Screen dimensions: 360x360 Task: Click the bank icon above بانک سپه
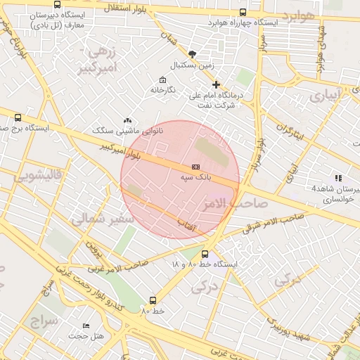[195, 166]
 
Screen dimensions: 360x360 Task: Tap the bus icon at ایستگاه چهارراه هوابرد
[243, 12]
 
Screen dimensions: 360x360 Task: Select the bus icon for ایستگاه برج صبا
[18, 117]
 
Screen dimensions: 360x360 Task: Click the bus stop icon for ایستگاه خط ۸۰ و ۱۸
[205, 254]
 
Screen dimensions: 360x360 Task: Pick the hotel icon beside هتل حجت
[86, 326]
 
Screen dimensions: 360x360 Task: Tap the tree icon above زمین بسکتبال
[193, 53]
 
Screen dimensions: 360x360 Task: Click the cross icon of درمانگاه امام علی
[217, 84]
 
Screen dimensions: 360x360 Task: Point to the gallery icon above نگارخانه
[163, 79]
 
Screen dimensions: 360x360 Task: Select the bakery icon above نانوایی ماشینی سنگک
[127, 121]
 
